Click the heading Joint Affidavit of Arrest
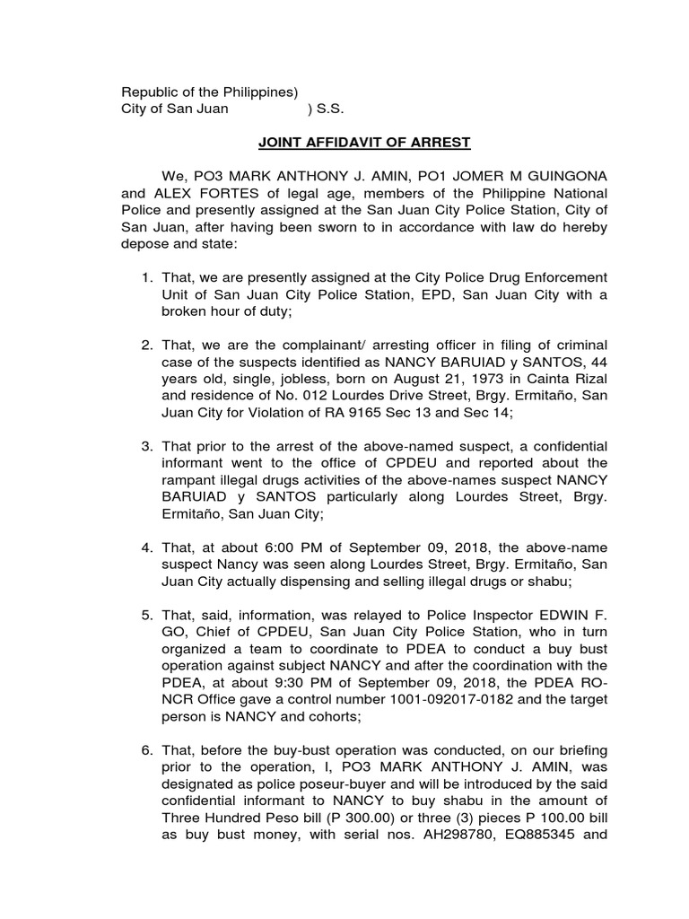[364, 143]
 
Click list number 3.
[149, 447]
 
